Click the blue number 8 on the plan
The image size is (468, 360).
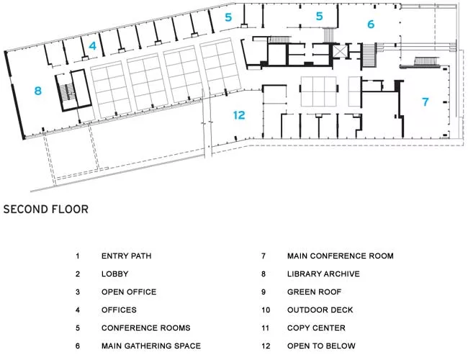(37, 91)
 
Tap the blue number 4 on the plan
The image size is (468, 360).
(93, 45)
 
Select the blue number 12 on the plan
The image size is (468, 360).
(239, 115)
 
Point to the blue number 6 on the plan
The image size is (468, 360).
(371, 24)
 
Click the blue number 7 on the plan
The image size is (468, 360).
(426, 102)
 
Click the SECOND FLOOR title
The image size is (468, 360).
(46, 210)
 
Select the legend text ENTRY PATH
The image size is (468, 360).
(126, 256)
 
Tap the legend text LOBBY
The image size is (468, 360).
(115, 274)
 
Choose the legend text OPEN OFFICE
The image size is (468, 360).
(129, 292)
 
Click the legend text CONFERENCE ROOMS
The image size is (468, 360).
(145, 328)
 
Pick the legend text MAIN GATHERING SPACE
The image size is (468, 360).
(151, 346)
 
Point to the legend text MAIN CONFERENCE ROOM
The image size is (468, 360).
(341, 256)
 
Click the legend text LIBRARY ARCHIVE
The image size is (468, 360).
(323, 274)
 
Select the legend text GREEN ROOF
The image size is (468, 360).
(315, 292)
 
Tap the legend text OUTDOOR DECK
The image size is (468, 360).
(320, 310)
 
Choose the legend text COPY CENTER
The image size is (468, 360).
(316, 328)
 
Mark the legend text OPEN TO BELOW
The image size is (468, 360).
(321, 346)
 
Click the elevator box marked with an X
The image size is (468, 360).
(340, 50)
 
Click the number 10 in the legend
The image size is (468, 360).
(266, 310)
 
